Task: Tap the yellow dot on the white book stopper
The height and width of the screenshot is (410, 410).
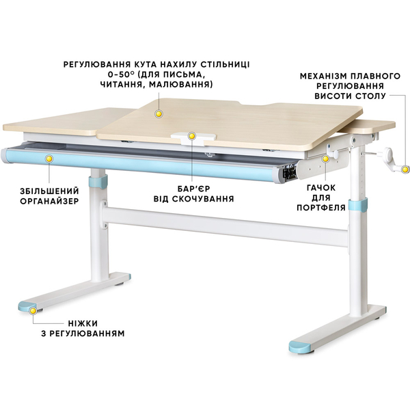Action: (193, 137)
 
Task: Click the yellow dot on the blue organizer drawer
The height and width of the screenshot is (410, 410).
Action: (49, 159)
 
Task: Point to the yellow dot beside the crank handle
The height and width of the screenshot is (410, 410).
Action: (405, 168)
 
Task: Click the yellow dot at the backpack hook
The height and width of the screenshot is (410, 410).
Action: (327, 158)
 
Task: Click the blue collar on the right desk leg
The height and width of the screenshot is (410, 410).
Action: (355, 204)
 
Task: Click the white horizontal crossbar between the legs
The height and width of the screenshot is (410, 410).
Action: (225, 225)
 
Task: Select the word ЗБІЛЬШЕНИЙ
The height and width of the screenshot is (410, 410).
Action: (40, 191)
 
